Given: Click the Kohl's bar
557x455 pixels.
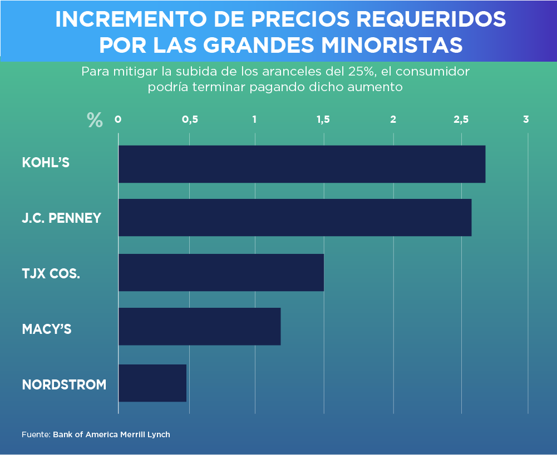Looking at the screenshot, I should tap(302, 164).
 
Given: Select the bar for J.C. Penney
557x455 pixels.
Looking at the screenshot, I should tap(295, 217).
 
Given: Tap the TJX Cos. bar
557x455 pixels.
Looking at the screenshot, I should tap(221, 272).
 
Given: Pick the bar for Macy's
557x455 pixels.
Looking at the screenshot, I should tap(199, 327).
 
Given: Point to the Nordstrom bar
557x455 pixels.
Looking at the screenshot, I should tap(152, 383).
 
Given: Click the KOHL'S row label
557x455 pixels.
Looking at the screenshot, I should tap(46, 163).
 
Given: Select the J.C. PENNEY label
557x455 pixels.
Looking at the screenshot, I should tap(61, 218).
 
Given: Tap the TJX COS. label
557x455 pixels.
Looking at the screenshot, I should tap(51, 273).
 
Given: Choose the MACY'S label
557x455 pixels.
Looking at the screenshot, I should tap(47, 329).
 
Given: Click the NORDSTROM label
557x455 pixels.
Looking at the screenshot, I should tap(64, 384).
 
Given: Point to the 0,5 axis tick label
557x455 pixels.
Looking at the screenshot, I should tap(190, 119).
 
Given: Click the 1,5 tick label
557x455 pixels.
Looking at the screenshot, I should tap(323, 119).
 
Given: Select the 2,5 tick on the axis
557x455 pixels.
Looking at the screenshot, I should tap(461, 119).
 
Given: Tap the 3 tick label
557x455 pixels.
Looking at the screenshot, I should tap(526, 119).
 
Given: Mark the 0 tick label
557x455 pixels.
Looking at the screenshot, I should tap(118, 119).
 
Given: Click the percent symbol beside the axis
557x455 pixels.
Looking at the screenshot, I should tap(95, 120).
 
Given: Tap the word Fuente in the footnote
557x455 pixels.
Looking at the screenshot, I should tap(36, 434).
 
